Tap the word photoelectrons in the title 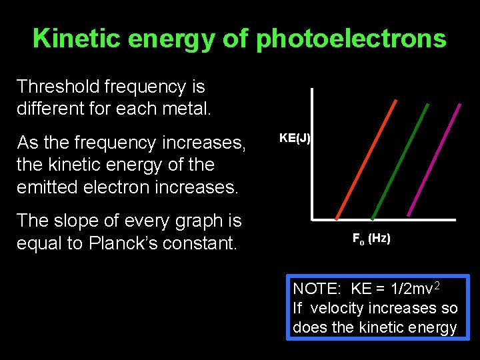point(351,39)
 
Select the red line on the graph point(366,159)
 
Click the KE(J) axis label point(295,138)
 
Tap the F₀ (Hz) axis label point(371,238)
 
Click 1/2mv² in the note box point(417,288)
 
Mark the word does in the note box point(307,327)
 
